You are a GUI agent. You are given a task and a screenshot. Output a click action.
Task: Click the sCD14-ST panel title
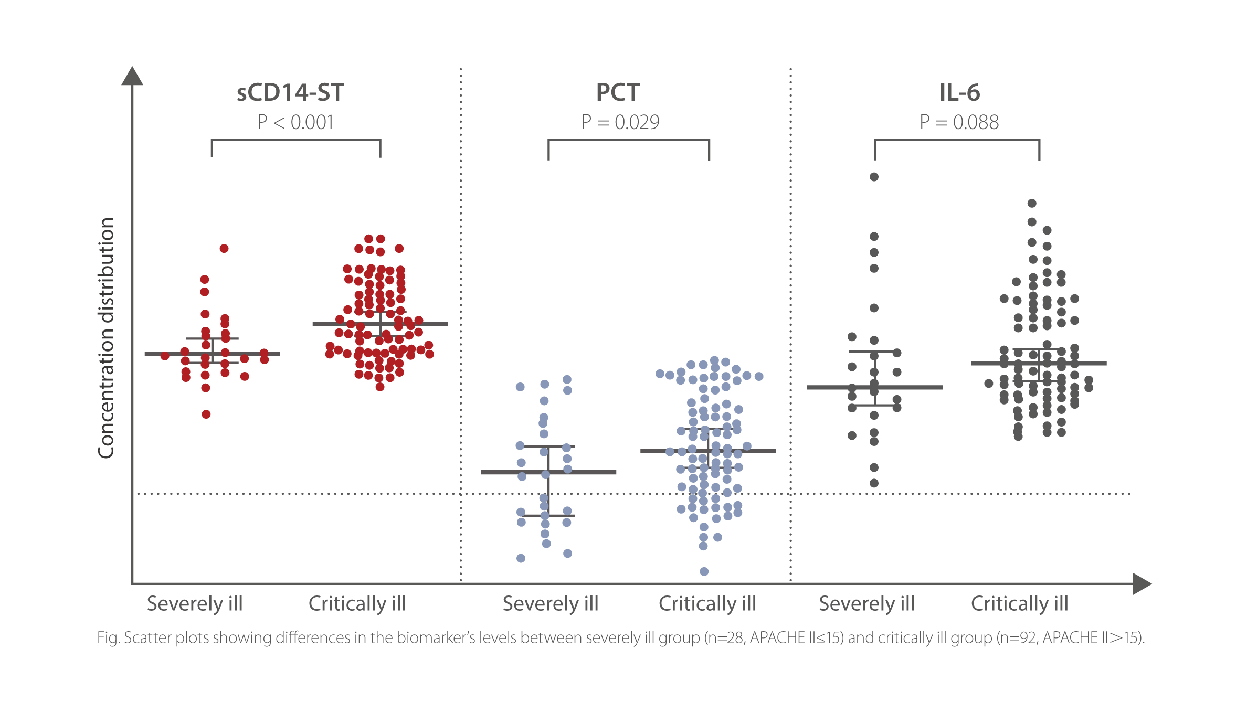point(290,93)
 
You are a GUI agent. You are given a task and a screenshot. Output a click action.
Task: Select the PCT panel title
point(618,93)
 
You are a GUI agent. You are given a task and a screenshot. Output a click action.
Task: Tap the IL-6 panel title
point(959,93)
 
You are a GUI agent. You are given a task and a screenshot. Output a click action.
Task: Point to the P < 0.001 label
point(295,122)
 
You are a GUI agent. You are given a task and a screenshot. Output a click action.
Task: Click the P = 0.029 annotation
point(620,122)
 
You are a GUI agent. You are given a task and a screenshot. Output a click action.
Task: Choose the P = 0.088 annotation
point(959,122)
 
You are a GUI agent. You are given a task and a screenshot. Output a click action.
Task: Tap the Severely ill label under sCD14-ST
point(195,604)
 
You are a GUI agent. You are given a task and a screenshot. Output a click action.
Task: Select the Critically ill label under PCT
point(707,604)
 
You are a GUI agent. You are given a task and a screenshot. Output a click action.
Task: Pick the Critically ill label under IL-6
point(1019,604)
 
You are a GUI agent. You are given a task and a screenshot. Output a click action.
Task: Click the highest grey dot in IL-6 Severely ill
point(874,177)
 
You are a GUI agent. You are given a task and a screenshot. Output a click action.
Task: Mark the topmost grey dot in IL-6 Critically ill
point(1032,203)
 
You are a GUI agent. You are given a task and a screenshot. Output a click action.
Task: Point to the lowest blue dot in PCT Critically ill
point(704,571)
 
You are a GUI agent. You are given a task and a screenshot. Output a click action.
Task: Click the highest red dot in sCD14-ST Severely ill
point(224,248)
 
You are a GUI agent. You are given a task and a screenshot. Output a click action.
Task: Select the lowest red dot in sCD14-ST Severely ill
point(206,414)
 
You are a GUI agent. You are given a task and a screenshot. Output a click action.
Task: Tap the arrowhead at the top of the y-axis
point(132,76)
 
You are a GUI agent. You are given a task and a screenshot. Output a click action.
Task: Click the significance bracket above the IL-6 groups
point(957,140)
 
